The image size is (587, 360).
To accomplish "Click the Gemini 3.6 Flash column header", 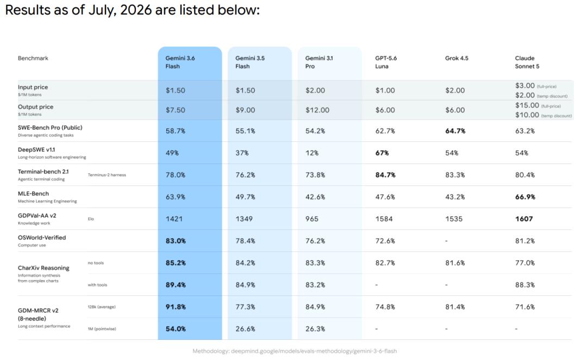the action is coord(180,62).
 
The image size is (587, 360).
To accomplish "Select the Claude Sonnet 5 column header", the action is coord(527,62).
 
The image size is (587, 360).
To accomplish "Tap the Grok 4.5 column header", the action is coord(457,58).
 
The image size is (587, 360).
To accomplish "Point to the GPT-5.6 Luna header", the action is coord(386,62).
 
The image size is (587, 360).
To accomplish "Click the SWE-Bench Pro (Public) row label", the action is coord(50,127).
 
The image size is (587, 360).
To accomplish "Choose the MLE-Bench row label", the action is coord(33,193).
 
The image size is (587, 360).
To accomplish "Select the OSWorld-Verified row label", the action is coord(41,238).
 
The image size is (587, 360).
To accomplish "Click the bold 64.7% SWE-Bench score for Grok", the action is coord(455,131).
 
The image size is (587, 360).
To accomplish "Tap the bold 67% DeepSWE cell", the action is coord(382,153).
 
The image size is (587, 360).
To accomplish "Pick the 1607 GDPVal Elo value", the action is coord(524,219).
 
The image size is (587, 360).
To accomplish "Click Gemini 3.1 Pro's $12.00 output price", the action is coord(317,110).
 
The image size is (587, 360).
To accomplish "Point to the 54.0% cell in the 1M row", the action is coord(176,329).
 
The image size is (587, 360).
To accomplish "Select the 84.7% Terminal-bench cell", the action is coord(385,175).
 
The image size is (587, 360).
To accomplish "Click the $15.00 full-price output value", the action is coord(527,105).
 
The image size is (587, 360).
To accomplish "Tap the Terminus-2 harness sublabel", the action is coord(107,175).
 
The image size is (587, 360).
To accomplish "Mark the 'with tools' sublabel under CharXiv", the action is coord(97,285).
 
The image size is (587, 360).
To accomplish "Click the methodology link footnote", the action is coord(295,351).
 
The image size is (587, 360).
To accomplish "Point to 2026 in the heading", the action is coord(135,10).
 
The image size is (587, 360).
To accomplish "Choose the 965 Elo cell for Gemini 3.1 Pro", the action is coord(311,219).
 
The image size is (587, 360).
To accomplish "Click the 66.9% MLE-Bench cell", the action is coord(525,197).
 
